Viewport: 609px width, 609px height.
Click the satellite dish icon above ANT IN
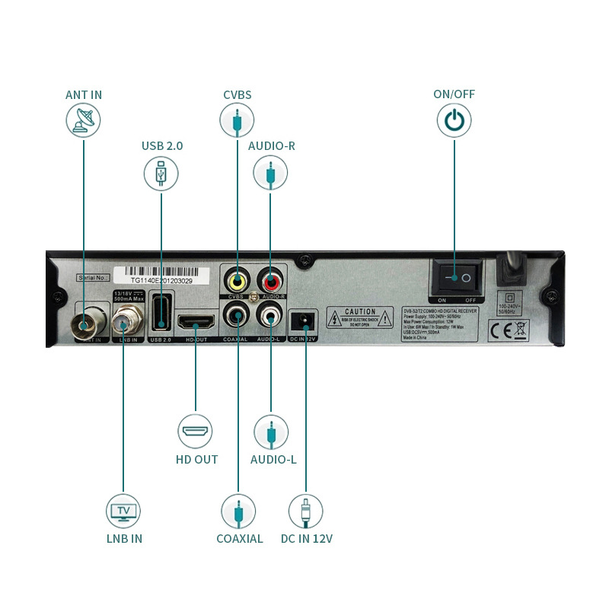(83, 121)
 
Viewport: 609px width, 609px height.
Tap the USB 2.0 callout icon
(161, 173)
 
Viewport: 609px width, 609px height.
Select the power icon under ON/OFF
(454, 121)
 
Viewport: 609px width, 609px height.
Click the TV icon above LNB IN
(123, 511)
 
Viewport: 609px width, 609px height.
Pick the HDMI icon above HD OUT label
(196, 432)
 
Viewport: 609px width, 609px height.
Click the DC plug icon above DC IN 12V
(305, 511)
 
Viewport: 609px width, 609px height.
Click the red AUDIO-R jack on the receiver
(270, 279)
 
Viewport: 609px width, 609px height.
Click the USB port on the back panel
(161, 314)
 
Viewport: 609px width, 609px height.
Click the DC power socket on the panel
(305, 318)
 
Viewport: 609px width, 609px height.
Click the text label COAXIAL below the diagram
(239, 539)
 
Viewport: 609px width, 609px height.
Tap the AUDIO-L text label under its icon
(273, 460)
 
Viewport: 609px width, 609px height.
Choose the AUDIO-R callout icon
(271, 173)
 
